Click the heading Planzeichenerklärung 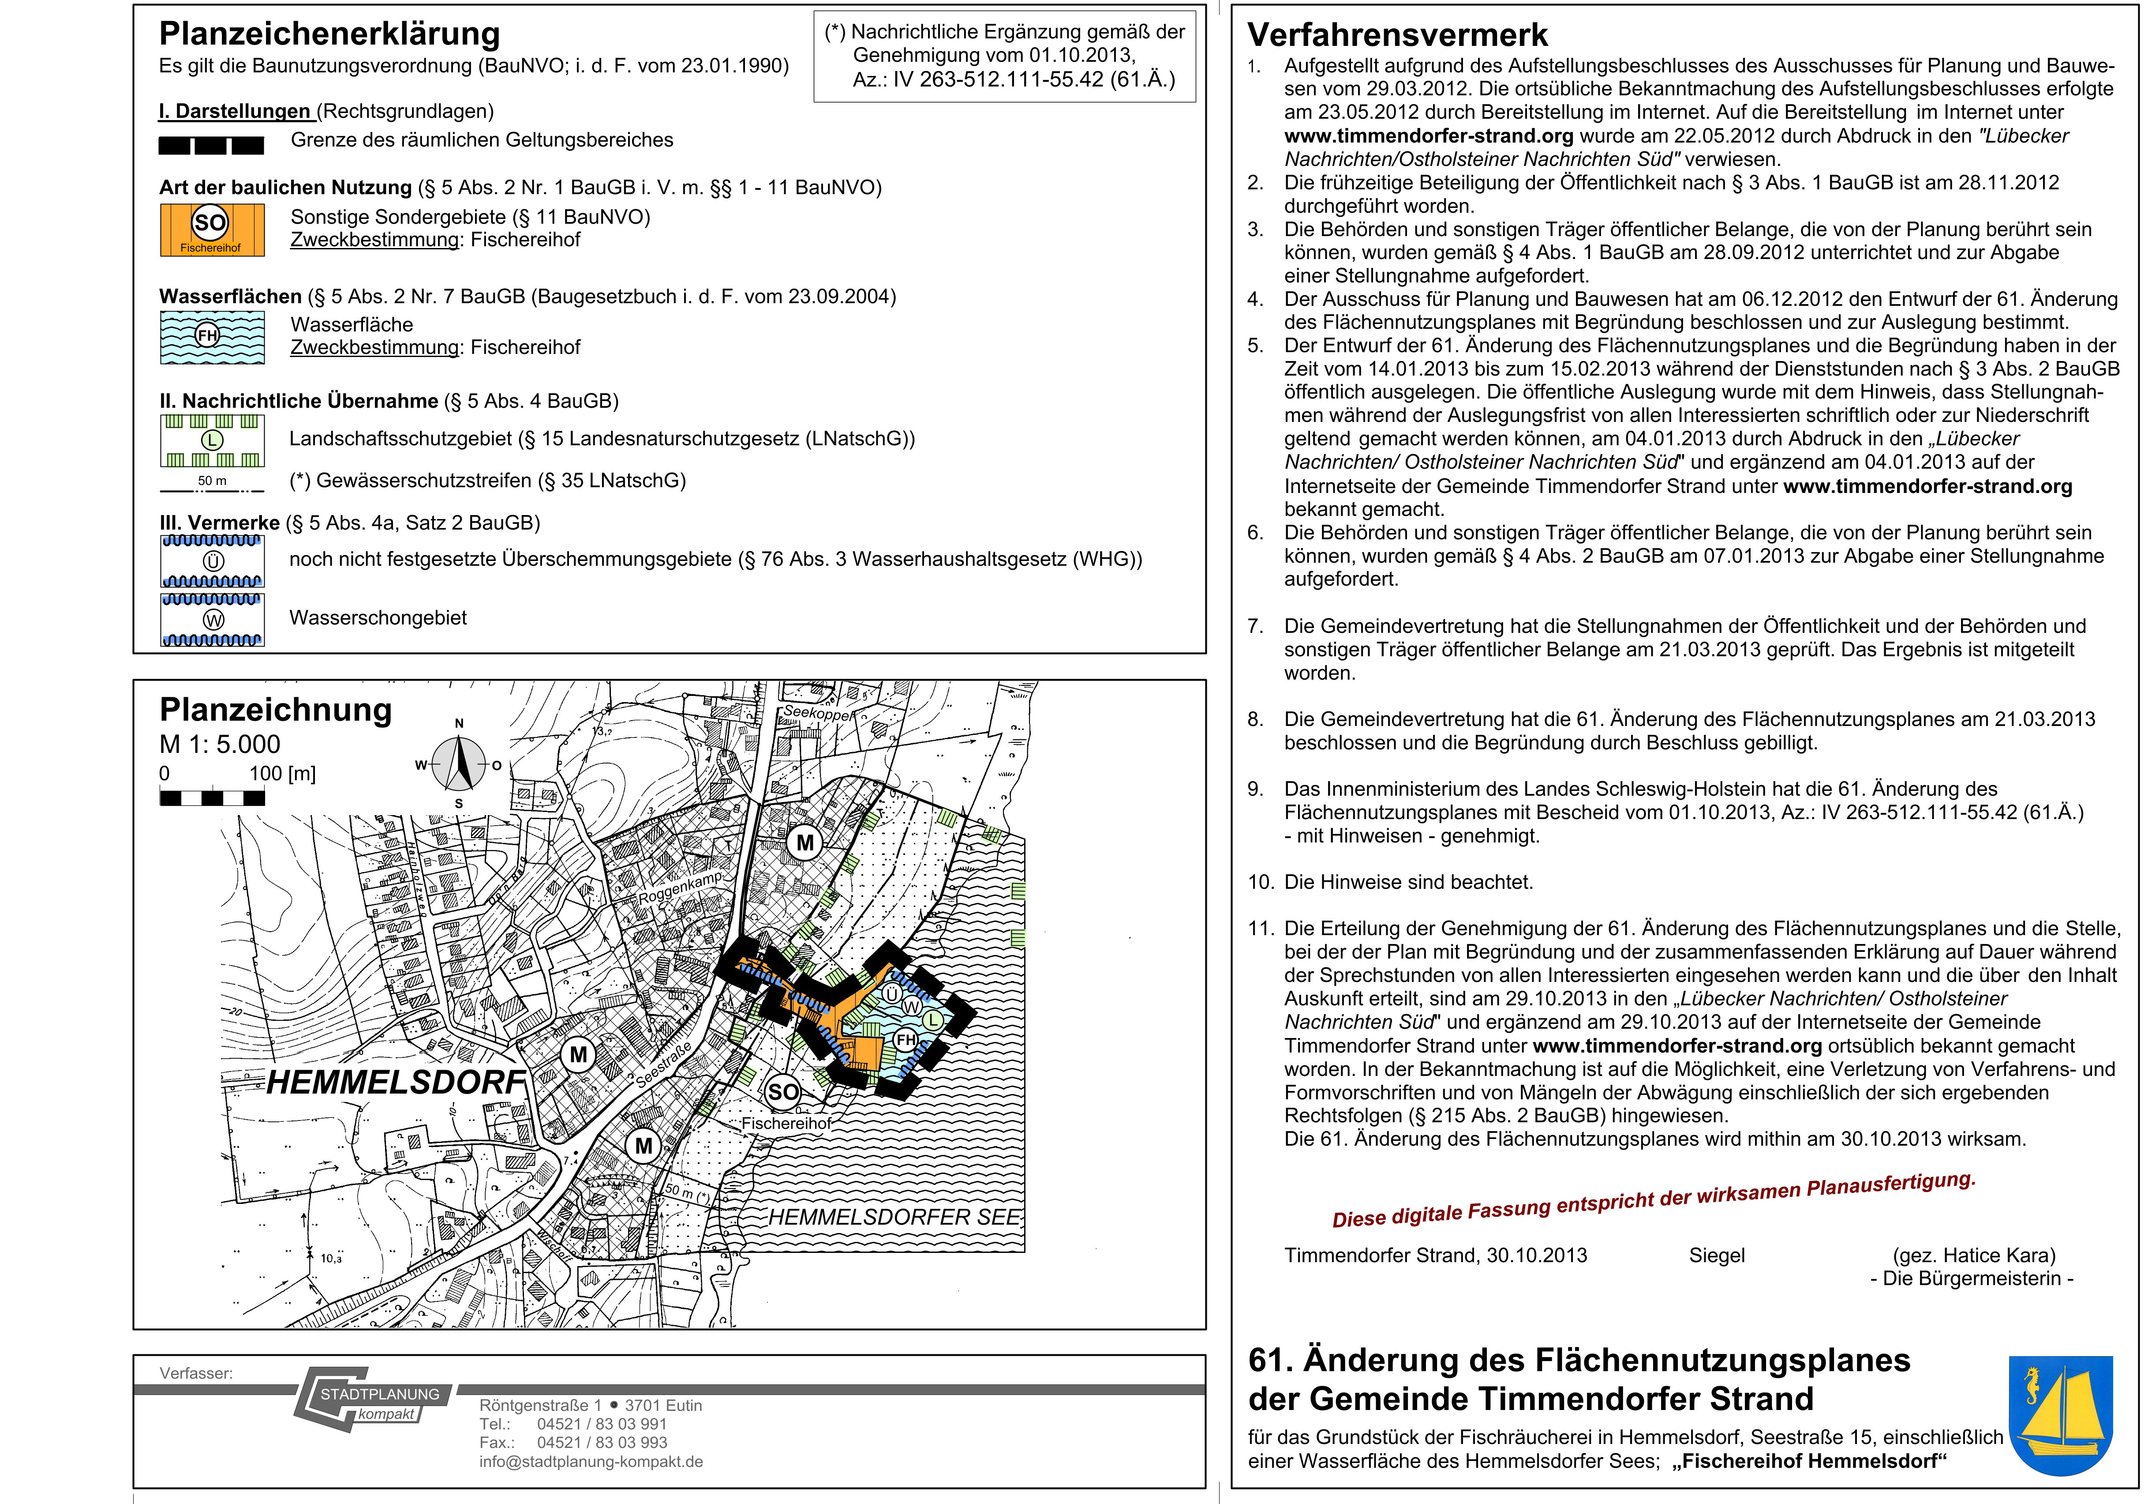(x=329, y=34)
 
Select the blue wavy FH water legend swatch (x=211, y=337)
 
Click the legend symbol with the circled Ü (x=212, y=560)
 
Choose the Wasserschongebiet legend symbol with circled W (x=212, y=620)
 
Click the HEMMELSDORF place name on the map (x=396, y=1083)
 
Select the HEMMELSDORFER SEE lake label (x=894, y=1217)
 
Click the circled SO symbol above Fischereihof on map (x=783, y=1091)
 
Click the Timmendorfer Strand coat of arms (x=2061, y=1415)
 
